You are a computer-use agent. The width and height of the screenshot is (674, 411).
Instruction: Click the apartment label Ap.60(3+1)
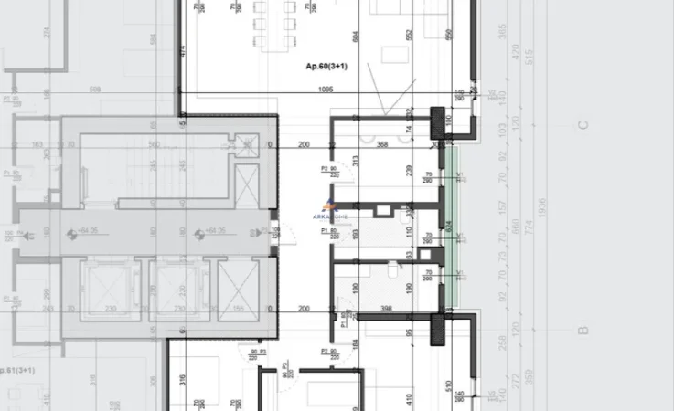tap(327, 68)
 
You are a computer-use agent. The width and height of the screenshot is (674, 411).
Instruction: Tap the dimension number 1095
tap(325, 90)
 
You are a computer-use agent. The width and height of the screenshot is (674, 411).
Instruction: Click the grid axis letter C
tap(583, 125)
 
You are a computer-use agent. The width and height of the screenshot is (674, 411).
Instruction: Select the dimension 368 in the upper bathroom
tap(381, 143)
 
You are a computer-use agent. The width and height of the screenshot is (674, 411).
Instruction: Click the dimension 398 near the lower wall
tap(387, 310)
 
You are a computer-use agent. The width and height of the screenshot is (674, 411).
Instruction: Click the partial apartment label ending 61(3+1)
tap(18, 370)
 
